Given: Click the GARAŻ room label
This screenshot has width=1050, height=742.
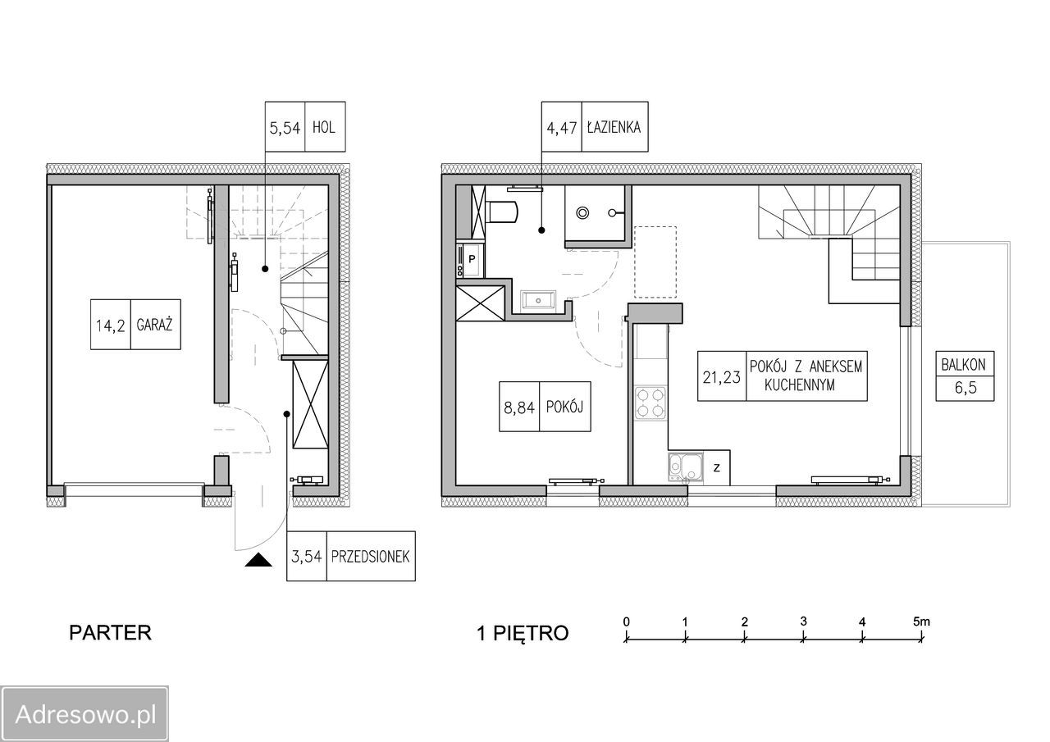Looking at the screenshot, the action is tap(155, 325).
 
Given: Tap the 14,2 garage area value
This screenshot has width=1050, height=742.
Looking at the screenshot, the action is tap(111, 325).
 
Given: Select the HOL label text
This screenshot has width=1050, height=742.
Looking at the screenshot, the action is tap(324, 127).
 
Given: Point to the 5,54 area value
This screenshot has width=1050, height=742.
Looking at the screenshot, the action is tap(285, 128).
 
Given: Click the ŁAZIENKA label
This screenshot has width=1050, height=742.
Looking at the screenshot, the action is tap(614, 127).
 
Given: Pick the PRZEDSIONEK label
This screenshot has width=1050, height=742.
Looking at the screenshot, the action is tap(370, 557).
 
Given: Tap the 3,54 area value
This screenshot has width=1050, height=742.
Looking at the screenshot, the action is tap(307, 557).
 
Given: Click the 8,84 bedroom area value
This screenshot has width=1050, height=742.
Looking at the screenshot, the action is tap(519, 407).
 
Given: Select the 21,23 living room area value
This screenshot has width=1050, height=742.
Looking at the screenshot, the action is tap(721, 377).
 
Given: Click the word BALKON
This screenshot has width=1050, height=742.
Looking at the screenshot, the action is tap(964, 365).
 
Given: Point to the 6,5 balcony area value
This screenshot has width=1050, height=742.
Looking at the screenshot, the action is tap(966, 388).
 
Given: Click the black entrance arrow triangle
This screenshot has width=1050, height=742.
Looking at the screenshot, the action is tap(258, 560).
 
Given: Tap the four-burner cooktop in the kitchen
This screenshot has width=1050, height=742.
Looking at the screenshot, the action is tap(651, 403).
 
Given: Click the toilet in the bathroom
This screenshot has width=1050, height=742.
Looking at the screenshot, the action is tap(503, 212).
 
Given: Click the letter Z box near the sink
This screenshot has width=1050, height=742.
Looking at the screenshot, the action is tap(716, 467).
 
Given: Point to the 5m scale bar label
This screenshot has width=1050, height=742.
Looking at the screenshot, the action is tap(921, 622).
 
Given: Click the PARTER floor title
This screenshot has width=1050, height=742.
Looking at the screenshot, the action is tap(110, 633).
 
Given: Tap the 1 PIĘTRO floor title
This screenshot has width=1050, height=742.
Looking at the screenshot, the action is tap(523, 633).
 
